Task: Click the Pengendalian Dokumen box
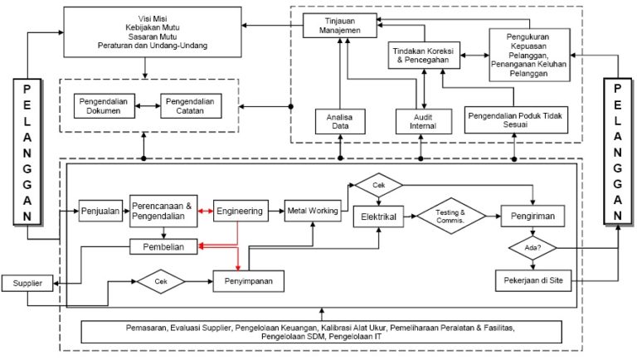(103, 105)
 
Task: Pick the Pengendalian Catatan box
(190, 105)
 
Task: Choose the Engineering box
(241, 211)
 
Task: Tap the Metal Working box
(313, 211)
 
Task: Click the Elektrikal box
(378, 216)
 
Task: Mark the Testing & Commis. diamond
(451, 216)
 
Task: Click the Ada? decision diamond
(531, 248)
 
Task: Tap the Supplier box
(27, 283)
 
